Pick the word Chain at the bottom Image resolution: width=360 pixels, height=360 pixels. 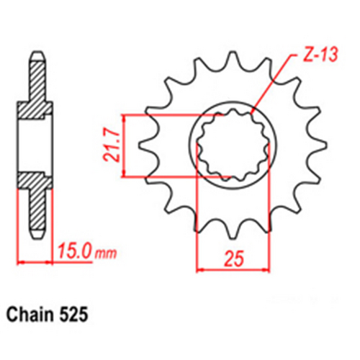click(x=32, y=315)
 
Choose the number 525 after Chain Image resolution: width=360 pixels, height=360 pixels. click(x=75, y=315)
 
